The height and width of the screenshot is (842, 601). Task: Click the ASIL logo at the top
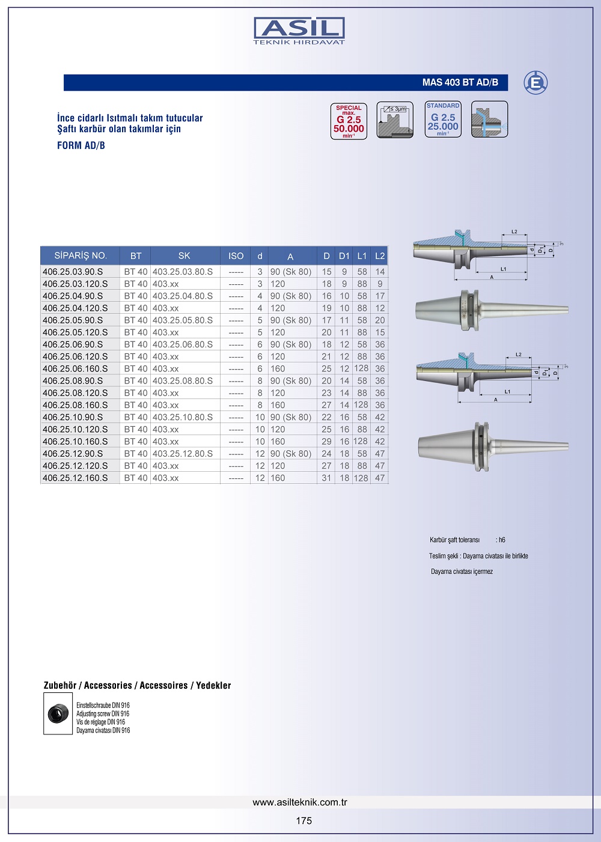click(299, 31)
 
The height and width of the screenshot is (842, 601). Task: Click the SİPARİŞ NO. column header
click(81, 255)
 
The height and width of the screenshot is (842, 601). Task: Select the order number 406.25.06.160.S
click(75, 368)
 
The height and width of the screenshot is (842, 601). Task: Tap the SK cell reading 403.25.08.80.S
click(183, 380)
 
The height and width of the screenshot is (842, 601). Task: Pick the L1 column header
click(362, 255)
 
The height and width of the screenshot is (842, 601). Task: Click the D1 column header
click(344, 255)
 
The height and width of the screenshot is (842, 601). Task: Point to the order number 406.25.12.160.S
click(75, 478)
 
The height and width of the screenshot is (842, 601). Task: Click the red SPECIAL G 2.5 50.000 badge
click(349, 121)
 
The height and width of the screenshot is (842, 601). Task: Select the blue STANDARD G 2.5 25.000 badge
click(443, 120)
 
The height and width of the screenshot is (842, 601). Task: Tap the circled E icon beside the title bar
click(535, 82)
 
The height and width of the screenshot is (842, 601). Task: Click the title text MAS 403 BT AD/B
click(460, 82)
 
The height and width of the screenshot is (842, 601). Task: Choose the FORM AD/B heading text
click(81, 145)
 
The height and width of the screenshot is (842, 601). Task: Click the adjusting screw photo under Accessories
click(58, 713)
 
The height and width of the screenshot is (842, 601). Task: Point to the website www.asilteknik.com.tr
click(300, 802)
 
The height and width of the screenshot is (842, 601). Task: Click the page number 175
click(304, 821)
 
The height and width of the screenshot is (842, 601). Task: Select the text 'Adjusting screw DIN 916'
click(103, 714)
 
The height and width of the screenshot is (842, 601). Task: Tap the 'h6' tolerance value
click(501, 540)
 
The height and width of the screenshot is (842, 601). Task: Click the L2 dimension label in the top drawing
click(514, 231)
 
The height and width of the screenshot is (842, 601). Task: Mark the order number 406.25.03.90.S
click(73, 272)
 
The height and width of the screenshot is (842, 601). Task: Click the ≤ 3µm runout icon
click(395, 120)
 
